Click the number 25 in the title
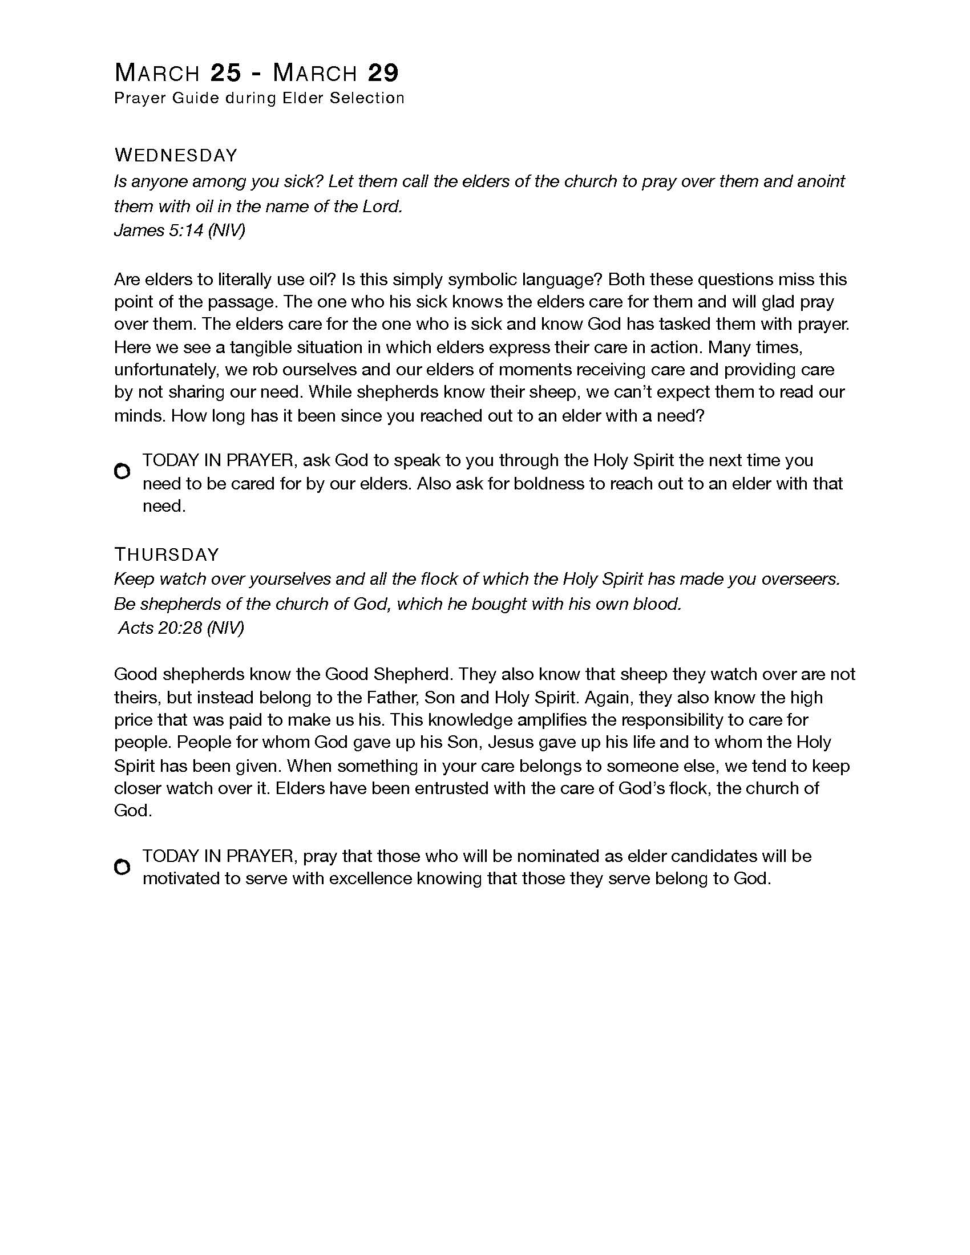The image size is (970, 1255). (x=225, y=73)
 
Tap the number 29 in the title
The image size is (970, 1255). (x=383, y=73)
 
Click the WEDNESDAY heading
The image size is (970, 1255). (x=176, y=155)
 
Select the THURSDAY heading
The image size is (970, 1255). (x=167, y=554)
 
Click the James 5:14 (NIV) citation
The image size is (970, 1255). (x=179, y=230)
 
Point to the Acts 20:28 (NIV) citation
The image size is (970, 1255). (x=181, y=627)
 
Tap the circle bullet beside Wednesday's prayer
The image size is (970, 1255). (x=122, y=472)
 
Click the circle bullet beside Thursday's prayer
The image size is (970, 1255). (x=122, y=867)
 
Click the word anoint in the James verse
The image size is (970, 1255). (x=821, y=181)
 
